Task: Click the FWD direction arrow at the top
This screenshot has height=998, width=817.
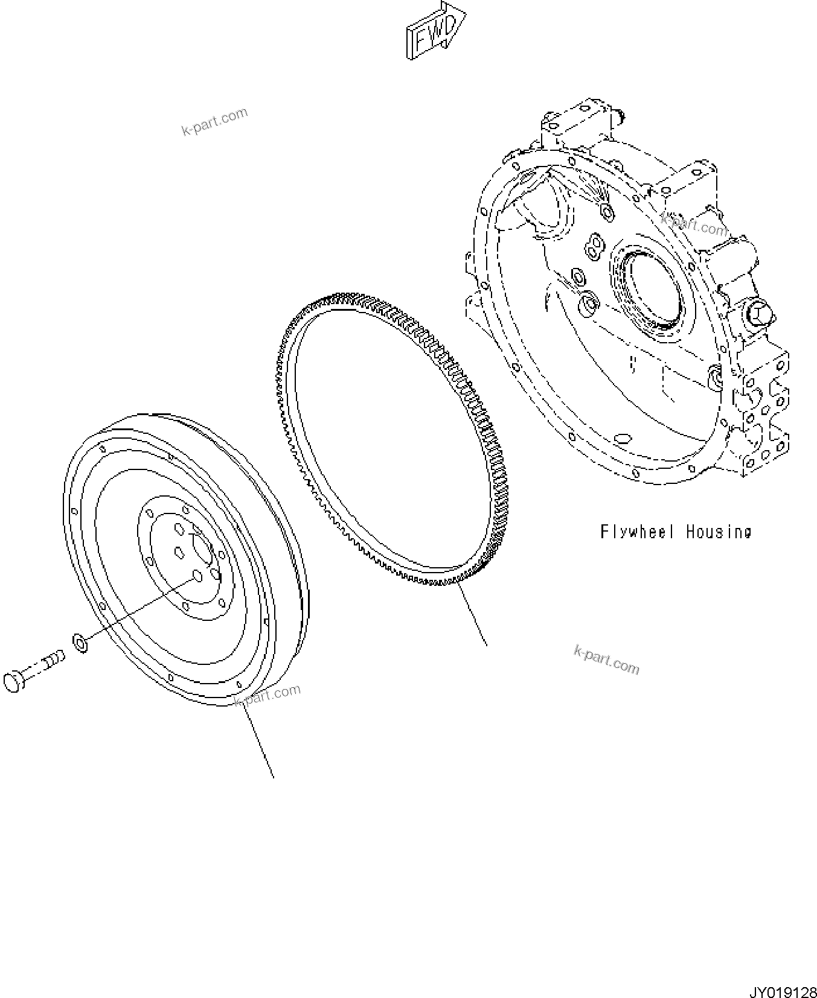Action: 435,33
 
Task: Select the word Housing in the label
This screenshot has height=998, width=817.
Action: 719,532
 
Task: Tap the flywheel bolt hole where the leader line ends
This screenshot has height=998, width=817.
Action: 196,576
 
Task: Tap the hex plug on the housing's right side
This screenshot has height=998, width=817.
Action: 757,313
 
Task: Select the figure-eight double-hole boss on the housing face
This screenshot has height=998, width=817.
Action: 594,246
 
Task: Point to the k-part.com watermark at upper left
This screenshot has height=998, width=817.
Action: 214,121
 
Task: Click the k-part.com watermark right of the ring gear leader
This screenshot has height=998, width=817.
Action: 606,660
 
